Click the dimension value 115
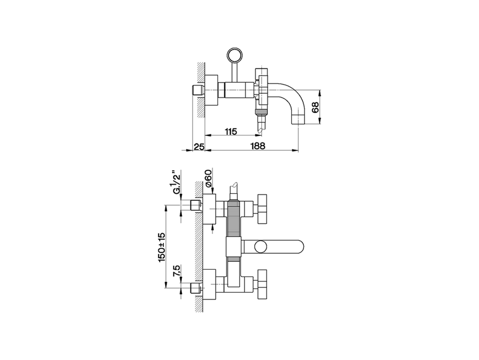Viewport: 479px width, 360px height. [x=231, y=131]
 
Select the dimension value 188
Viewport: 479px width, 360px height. [x=258, y=146]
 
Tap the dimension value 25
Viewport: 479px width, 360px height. [x=199, y=146]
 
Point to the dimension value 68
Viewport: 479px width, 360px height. [x=315, y=107]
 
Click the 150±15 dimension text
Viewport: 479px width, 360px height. [x=161, y=247]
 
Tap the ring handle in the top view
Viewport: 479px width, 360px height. [x=235, y=55]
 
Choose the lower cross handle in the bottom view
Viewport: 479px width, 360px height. [x=262, y=285]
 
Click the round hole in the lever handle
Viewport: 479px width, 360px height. [x=260, y=247]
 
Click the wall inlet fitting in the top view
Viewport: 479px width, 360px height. [x=197, y=90]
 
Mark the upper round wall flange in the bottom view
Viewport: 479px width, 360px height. [x=210, y=209]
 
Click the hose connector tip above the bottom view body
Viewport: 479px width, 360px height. [x=234, y=186]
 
